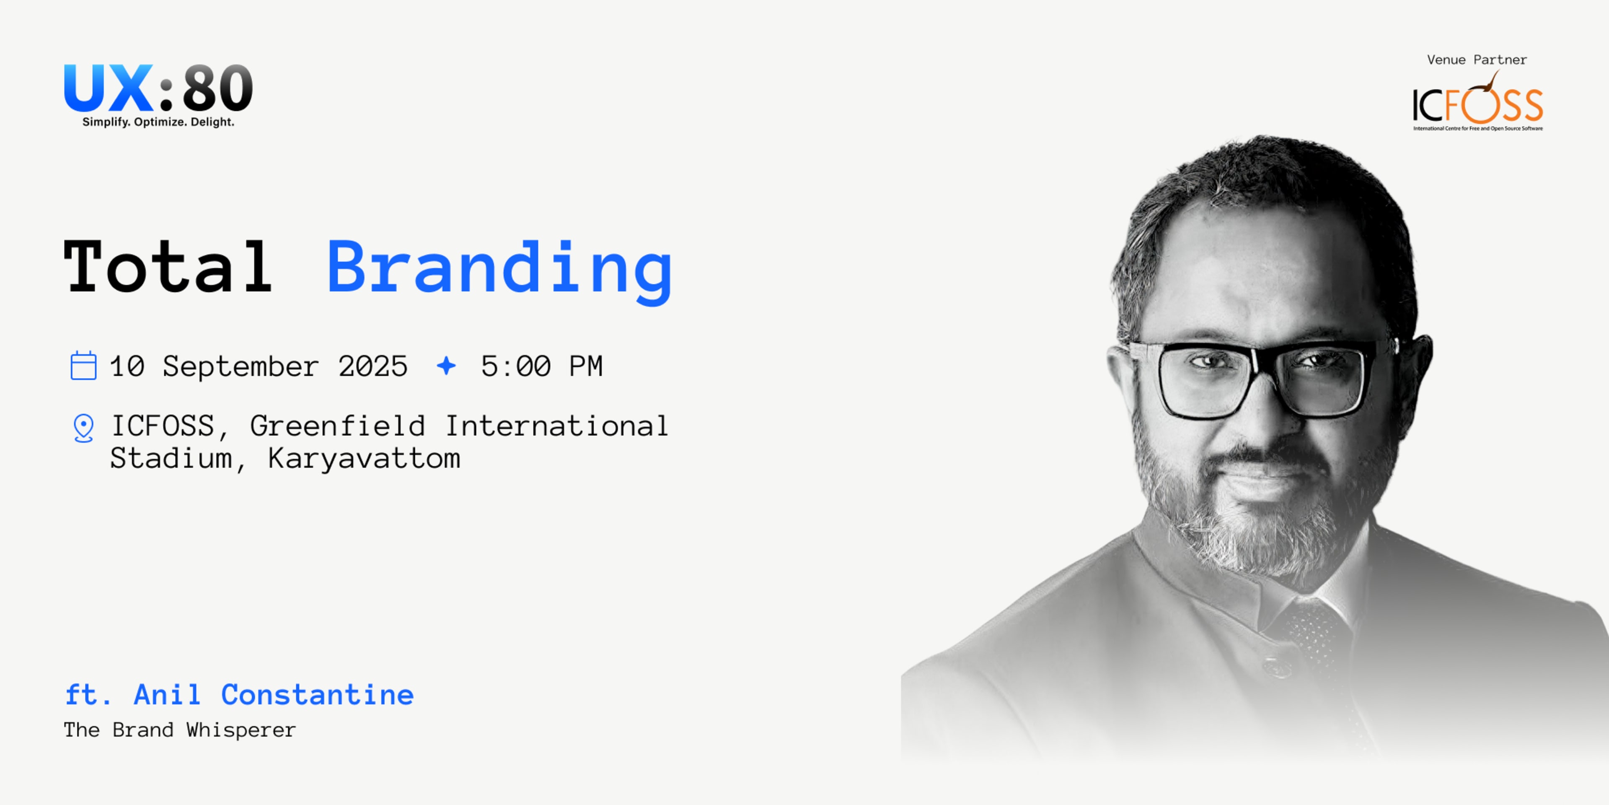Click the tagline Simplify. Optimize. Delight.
coord(158,122)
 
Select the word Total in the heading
coord(168,267)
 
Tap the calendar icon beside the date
coord(83,366)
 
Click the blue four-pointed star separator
coord(446,366)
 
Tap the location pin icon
coord(83,428)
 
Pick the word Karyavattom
coord(364,459)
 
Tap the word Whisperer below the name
coord(241,730)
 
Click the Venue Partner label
coord(1477,60)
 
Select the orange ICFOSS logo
coord(1478,104)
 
